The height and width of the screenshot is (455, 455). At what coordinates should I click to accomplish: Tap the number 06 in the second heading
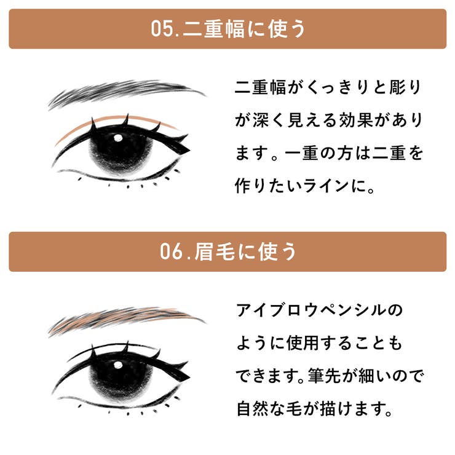tap(171, 251)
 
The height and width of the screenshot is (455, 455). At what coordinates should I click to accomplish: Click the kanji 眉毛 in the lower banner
tap(215, 251)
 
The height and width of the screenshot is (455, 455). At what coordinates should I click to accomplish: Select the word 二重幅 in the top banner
tap(214, 29)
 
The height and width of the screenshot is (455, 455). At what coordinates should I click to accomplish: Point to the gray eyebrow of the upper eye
tap(125, 92)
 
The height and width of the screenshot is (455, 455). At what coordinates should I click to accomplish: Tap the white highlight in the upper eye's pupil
tap(118, 138)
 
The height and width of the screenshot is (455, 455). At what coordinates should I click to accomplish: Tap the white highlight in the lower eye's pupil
tap(118, 365)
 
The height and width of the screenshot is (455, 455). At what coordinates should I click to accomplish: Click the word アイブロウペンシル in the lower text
tap(312, 310)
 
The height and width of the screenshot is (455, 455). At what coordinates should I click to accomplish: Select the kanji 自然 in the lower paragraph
tap(253, 408)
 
